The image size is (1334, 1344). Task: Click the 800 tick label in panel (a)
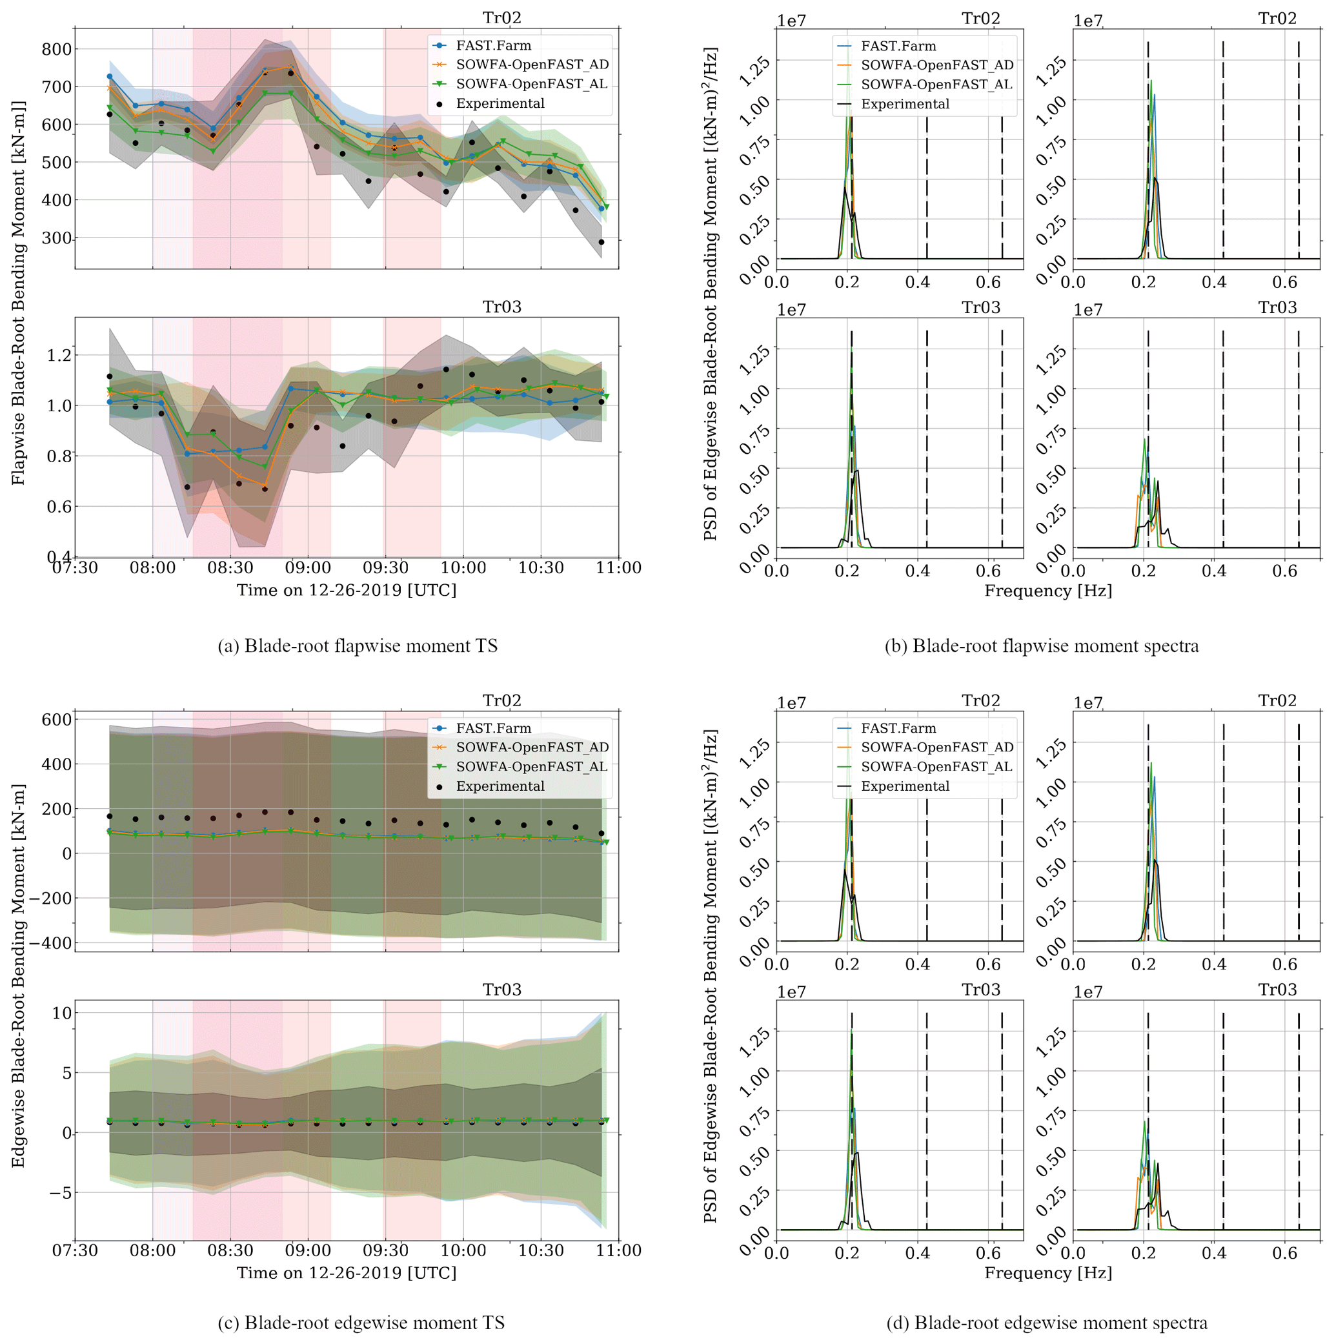point(56,50)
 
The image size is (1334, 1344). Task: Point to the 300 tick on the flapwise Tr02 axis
point(56,239)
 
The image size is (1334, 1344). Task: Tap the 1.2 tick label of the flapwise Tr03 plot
point(59,356)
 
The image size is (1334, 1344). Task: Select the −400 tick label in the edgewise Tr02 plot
point(47,944)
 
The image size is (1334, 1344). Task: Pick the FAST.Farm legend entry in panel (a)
point(493,46)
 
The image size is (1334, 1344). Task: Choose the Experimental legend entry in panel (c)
point(500,787)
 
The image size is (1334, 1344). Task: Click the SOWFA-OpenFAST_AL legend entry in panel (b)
point(936,85)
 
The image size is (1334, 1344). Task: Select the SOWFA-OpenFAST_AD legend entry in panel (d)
point(936,748)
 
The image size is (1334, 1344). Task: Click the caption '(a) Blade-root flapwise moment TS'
point(358,647)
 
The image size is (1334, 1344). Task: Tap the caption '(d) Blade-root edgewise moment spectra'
point(1047,1323)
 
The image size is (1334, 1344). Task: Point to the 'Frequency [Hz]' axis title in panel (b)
point(1048,591)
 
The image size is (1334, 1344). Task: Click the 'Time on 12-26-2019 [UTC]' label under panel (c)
point(347,1273)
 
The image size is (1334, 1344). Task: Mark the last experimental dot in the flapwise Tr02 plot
point(601,243)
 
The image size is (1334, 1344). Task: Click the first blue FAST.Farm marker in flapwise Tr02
point(109,77)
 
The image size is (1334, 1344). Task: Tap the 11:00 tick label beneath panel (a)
point(618,568)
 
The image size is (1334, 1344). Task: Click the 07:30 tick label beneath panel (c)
point(75,1251)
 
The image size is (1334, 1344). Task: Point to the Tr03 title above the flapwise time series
point(501,307)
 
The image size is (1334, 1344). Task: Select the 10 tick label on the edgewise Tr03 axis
point(62,1013)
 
